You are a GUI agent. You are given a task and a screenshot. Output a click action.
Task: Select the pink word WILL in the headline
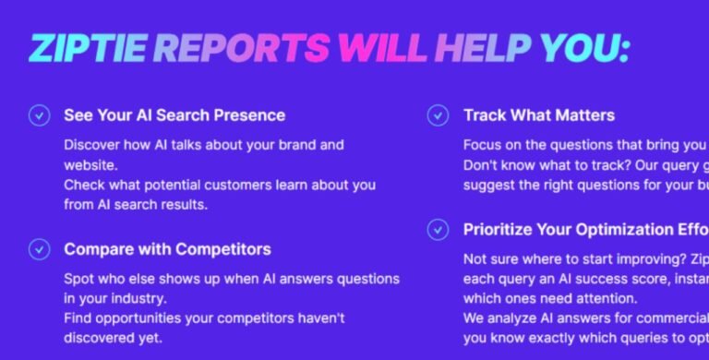click(381, 48)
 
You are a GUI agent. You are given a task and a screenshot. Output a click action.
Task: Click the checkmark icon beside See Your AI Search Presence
click(39, 115)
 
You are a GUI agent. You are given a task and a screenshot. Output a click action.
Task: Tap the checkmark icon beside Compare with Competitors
click(39, 249)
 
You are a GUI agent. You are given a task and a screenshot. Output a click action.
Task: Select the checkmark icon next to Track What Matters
click(438, 115)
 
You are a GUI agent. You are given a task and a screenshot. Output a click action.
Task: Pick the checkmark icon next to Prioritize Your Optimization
click(438, 229)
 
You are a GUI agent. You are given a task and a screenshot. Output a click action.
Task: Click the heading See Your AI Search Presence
click(174, 115)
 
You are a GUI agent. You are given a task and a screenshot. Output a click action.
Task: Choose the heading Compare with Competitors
click(167, 249)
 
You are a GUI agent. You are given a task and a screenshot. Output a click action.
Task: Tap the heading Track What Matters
click(538, 115)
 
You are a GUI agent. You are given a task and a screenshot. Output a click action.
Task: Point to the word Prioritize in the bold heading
click(503, 229)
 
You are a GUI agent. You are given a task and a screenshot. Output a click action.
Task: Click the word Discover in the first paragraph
click(93, 145)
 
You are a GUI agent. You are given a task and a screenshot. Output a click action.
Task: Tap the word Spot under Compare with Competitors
click(78, 278)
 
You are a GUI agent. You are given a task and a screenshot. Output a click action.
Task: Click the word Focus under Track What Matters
click(482, 145)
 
